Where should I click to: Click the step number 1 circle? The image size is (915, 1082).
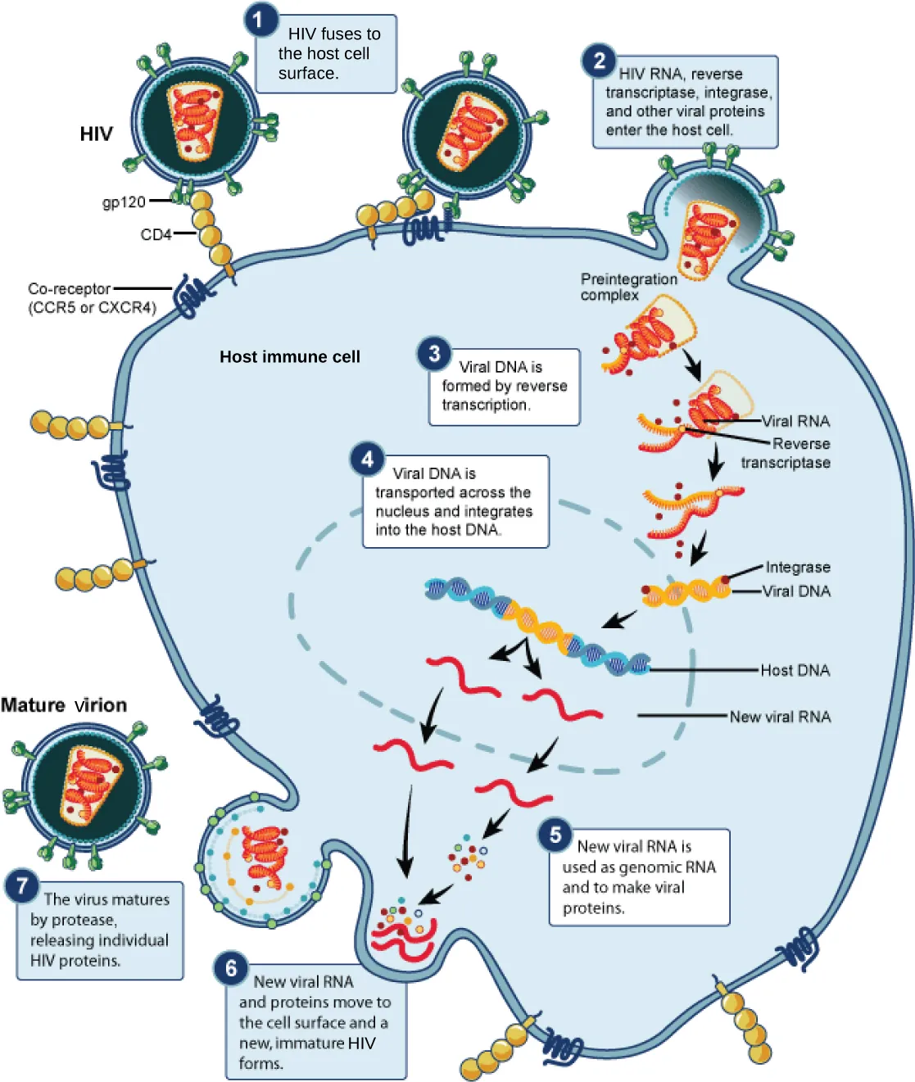[260, 19]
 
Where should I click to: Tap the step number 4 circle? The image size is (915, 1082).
[367, 460]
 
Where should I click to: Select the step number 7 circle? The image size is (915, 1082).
[22, 885]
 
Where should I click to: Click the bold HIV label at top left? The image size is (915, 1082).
[96, 134]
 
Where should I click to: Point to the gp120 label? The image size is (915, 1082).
[124, 201]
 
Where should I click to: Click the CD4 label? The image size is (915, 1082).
[156, 234]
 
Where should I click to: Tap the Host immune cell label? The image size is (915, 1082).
[289, 356]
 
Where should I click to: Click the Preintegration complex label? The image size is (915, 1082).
[627, 287]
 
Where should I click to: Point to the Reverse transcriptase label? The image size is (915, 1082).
[786, 453]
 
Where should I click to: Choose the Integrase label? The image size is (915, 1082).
[797, 567]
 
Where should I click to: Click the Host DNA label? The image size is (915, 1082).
[795, 670]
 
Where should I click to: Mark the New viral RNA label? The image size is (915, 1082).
[780, 717]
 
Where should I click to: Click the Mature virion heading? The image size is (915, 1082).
[64, 705]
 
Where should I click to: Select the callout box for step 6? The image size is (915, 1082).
[316, 1022]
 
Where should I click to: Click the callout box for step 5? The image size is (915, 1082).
[639, 877]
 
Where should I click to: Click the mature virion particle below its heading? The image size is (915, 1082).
[87, 787]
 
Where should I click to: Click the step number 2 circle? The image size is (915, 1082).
[599, 61]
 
